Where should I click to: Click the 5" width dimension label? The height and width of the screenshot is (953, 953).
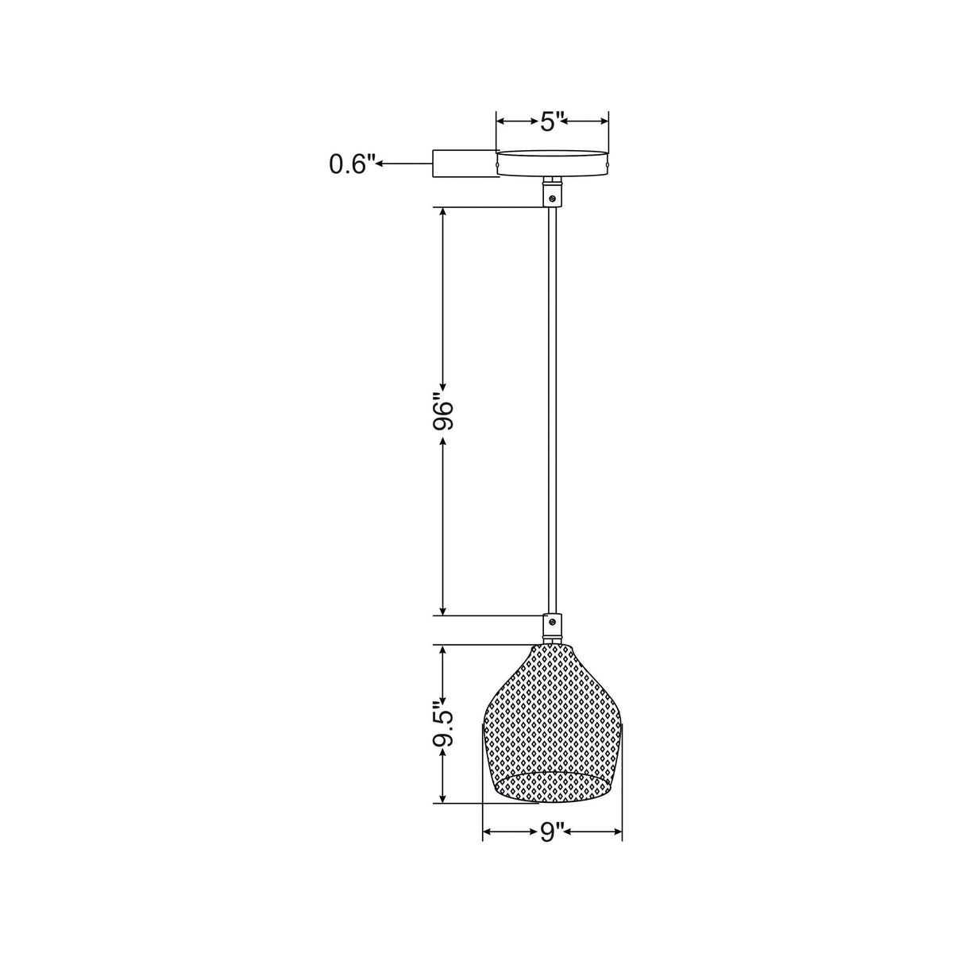(552, 122)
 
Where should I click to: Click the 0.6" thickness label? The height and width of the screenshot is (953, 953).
(351, 164)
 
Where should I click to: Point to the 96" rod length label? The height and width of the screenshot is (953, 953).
(443, 412)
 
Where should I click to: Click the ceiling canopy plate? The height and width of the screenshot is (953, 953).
(552, 162)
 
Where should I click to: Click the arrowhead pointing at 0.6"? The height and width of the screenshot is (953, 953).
(380, 164)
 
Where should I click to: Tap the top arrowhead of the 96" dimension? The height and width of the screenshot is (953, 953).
(443, 213)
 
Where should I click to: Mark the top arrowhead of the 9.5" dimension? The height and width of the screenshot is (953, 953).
(443, 649)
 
